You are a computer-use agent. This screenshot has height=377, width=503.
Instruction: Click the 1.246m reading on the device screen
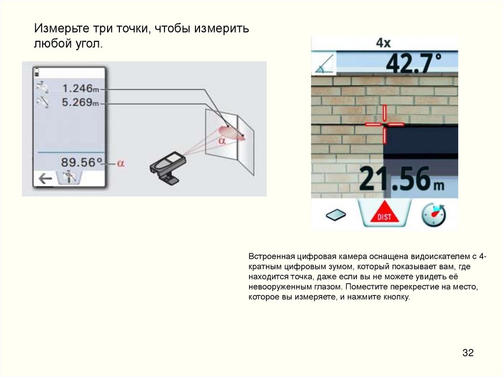(81, 88)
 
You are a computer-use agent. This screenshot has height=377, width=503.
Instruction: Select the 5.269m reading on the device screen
(81, 102)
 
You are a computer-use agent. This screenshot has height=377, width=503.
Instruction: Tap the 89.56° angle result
(82, 162)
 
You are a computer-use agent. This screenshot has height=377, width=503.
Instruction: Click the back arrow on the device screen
(45, 178)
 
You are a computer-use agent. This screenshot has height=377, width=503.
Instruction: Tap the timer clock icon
(434, 214)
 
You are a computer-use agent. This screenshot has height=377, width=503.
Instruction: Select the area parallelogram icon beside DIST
(335, 214)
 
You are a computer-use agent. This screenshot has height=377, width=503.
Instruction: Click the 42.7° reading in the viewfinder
(414, 63)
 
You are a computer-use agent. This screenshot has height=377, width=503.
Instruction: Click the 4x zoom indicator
(383, 43)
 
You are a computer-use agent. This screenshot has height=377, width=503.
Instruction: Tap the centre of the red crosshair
(384, 124)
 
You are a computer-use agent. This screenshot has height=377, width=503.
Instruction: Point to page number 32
(468, 352)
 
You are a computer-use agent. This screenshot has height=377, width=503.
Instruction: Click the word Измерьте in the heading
(61, 29)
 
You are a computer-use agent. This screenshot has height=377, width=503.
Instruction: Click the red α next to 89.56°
(120, 164)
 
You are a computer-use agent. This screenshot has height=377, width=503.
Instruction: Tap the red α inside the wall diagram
(222, 141)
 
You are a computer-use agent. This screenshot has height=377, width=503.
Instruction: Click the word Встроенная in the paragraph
(271, 257)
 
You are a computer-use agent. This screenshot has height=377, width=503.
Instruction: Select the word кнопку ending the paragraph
(396, 297)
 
